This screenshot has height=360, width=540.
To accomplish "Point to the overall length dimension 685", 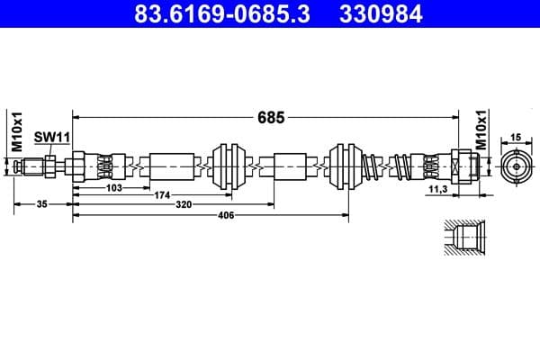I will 271,117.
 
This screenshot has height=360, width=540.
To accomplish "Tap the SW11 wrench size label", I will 52,138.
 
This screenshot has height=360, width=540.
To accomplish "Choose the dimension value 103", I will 114,187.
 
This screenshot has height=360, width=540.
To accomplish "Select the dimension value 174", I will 162,195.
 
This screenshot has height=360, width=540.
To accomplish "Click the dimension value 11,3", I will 438,191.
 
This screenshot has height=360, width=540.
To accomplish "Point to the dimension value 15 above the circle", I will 516,137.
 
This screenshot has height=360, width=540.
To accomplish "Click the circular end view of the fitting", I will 516,166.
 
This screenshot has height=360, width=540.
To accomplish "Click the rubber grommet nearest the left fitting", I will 226,166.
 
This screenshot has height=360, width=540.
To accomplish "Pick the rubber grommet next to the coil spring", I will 346,166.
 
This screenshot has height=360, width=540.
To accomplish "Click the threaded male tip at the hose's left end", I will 34,166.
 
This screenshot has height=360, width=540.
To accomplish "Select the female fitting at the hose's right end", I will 462,166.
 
